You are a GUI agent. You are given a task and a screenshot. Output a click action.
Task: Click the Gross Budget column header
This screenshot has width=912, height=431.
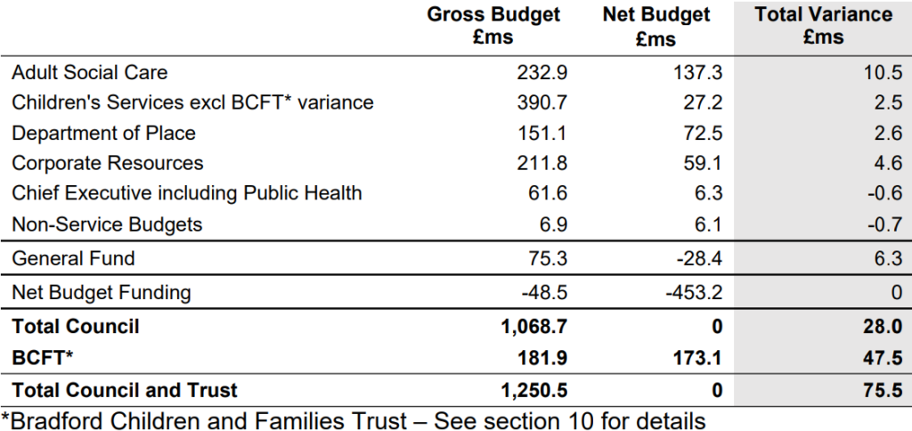493,26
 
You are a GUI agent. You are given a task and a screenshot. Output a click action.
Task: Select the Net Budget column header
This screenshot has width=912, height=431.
656,26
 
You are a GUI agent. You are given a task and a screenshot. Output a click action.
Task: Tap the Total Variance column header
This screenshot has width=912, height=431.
823,26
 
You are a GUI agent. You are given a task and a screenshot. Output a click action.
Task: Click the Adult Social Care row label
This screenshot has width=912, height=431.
90,72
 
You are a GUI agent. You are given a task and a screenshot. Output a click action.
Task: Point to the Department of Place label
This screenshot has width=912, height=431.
103,133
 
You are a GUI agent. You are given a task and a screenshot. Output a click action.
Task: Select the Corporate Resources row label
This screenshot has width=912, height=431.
108,163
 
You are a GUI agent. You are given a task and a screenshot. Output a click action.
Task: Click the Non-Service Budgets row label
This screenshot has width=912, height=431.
107,224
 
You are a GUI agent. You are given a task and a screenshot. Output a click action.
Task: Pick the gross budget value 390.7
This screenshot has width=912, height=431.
542,102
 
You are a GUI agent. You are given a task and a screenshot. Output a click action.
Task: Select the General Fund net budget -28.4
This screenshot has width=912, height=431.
700,257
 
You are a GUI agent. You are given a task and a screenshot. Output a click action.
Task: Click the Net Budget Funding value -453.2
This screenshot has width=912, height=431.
694,291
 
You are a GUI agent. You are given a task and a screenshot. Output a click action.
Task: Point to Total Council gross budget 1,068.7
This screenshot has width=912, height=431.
534,326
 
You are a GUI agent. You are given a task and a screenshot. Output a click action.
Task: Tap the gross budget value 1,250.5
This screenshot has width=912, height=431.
534,390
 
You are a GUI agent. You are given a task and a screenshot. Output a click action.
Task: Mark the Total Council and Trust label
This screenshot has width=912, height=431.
125,390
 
